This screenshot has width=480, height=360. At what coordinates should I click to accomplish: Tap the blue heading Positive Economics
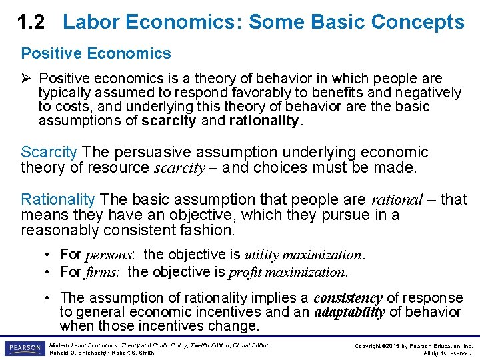[96, 53]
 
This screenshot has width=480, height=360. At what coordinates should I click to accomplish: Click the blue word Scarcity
[49, 153]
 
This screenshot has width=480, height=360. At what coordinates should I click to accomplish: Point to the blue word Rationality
[58, 199]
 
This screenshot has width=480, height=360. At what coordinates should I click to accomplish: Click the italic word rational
[397, 199]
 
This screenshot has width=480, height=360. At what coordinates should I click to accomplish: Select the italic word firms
[103, 272]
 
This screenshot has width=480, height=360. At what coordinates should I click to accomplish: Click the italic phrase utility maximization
[303, 255]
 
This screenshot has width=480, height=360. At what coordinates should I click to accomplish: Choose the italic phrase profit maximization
[287, 272]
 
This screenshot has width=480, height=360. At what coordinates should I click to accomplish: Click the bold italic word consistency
[347, 298]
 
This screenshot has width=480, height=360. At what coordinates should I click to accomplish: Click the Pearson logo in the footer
[24, 349]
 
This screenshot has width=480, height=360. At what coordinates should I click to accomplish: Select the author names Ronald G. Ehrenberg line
[101, 353]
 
